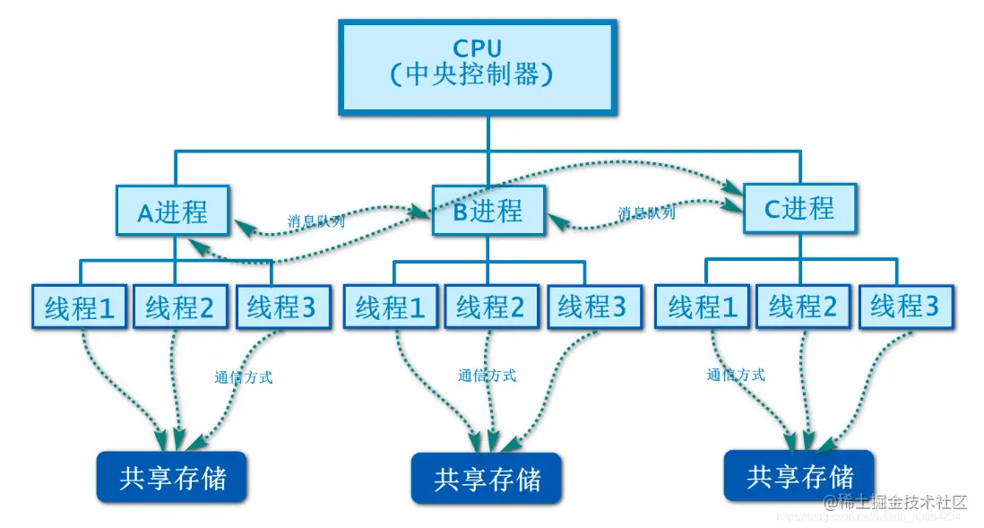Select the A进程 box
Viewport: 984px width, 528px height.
[172, 212]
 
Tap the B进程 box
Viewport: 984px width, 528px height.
[488, 211]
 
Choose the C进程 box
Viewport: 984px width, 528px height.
[798, 209]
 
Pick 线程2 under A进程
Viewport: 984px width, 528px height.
[180, 307]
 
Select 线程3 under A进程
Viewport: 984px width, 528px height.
[281, 307]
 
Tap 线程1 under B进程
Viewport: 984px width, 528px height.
[391, 307]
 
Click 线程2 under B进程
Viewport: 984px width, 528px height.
[490, 307]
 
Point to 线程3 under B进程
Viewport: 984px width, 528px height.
[592, 307]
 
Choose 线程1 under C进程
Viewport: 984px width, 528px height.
[703, 307]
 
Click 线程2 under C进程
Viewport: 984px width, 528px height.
[803, 307]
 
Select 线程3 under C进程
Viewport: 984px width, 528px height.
[904, 307]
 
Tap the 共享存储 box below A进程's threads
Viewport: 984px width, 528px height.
[172, 476]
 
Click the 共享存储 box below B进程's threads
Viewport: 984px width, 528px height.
[487, 478]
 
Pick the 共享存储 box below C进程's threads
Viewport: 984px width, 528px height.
[799, 474]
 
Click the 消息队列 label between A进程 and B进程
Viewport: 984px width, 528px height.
[315, 221]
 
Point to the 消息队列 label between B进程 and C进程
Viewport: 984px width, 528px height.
[646, 214]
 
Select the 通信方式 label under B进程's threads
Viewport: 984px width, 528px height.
[487, 376]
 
